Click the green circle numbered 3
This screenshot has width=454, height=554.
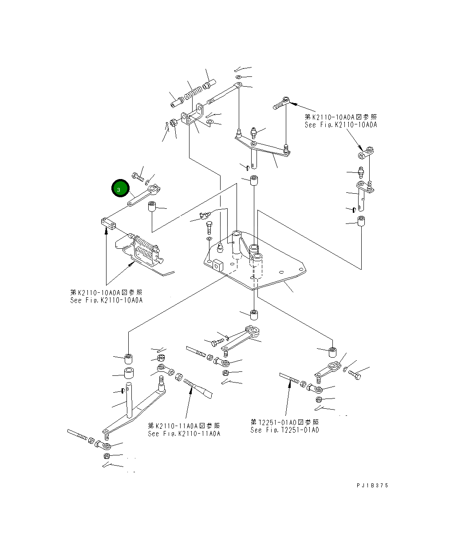(x=120, y=188)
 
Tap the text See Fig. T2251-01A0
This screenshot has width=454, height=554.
(x=284, y=437)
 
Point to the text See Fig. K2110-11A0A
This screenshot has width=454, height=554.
(x=184, y=441)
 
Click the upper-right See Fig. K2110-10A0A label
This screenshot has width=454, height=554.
(x=341, y=125)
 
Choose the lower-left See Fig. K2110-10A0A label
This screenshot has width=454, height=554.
(x=106, y=300)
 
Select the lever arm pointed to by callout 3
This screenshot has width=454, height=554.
(x=144, y=195)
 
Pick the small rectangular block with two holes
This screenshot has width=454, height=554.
(x=108, y=223)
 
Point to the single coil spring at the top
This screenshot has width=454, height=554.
(x=193, y=93)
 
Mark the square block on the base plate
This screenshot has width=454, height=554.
(x=217, y=265)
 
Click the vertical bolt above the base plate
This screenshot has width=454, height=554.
(x=209, y=227)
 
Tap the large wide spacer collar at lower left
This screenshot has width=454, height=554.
(x=129, y=373)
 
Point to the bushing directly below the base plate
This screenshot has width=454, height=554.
(x=254, y=315)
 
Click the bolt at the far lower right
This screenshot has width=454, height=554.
(x=355, y=375)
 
